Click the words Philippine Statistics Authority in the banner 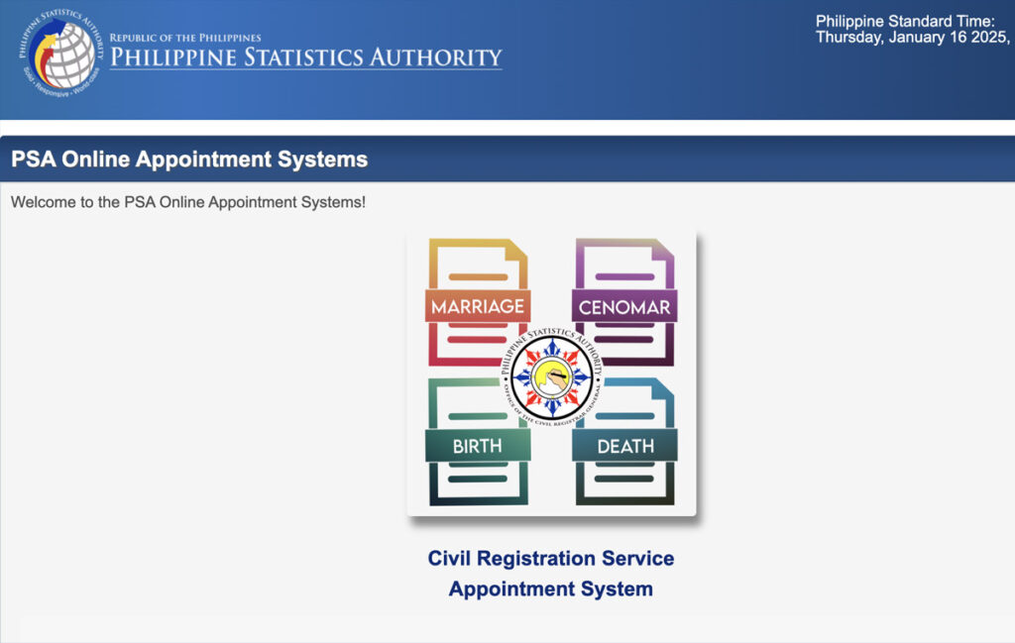pos(305,57)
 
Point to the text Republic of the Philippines pos(185,38)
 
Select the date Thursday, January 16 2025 pos(912,38)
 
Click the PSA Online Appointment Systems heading pos(189,160)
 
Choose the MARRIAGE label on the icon pos(477,306)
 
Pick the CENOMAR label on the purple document pos(624,307)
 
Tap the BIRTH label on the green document pos(477,446)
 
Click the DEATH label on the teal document pos(624,446)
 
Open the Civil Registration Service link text pos(550,558)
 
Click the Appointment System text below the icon pos(550,589)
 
